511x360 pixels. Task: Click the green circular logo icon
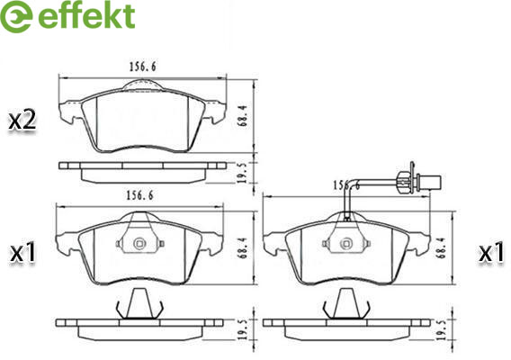click(16, 16)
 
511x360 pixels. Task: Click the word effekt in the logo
click(86, 15)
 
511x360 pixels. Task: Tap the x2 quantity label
click(22, 121)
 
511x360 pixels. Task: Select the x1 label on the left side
click(22, 254)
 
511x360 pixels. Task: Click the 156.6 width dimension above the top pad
click(143, 67)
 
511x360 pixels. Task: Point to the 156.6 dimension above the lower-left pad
click(139, 195)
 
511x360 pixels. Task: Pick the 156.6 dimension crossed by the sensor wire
click(346, 185)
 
